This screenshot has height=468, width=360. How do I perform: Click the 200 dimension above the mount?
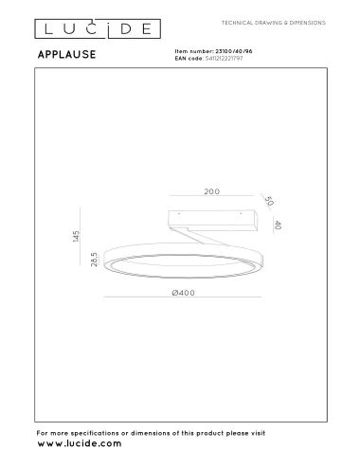point(211,191)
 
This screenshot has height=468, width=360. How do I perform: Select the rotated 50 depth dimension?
point(269,203)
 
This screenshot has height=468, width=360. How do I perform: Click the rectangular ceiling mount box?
point(214,218)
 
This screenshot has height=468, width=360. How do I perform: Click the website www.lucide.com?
point(79,443)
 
